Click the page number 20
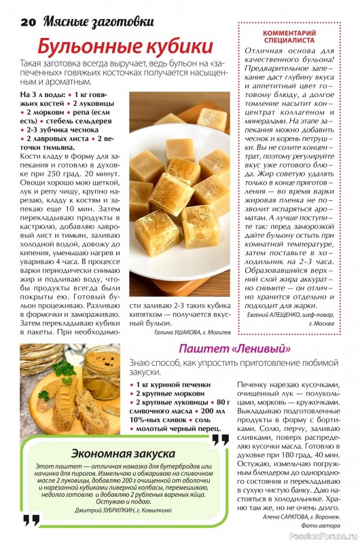(27, 21)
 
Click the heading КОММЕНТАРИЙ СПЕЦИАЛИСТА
(298, 36)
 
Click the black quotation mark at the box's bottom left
(31, 521)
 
